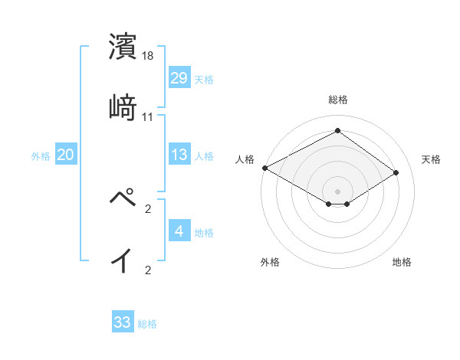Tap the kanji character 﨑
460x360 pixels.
123,106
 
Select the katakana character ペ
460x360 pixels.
123,198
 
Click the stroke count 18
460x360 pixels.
149,56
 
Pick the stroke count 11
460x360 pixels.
148,117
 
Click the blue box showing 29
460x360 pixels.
179,77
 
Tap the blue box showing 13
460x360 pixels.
179,155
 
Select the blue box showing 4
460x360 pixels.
179,231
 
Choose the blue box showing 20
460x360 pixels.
66,155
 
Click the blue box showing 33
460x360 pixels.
123,322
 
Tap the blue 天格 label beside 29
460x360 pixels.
204,79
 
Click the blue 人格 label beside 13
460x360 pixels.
204,156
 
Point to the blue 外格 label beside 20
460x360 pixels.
41,156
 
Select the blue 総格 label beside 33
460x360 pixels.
147,324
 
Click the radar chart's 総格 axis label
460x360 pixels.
337,100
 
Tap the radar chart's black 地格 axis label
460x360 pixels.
402,263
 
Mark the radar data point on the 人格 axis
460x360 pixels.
264,168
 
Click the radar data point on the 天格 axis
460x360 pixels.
396,173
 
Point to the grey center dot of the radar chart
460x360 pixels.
337,190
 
